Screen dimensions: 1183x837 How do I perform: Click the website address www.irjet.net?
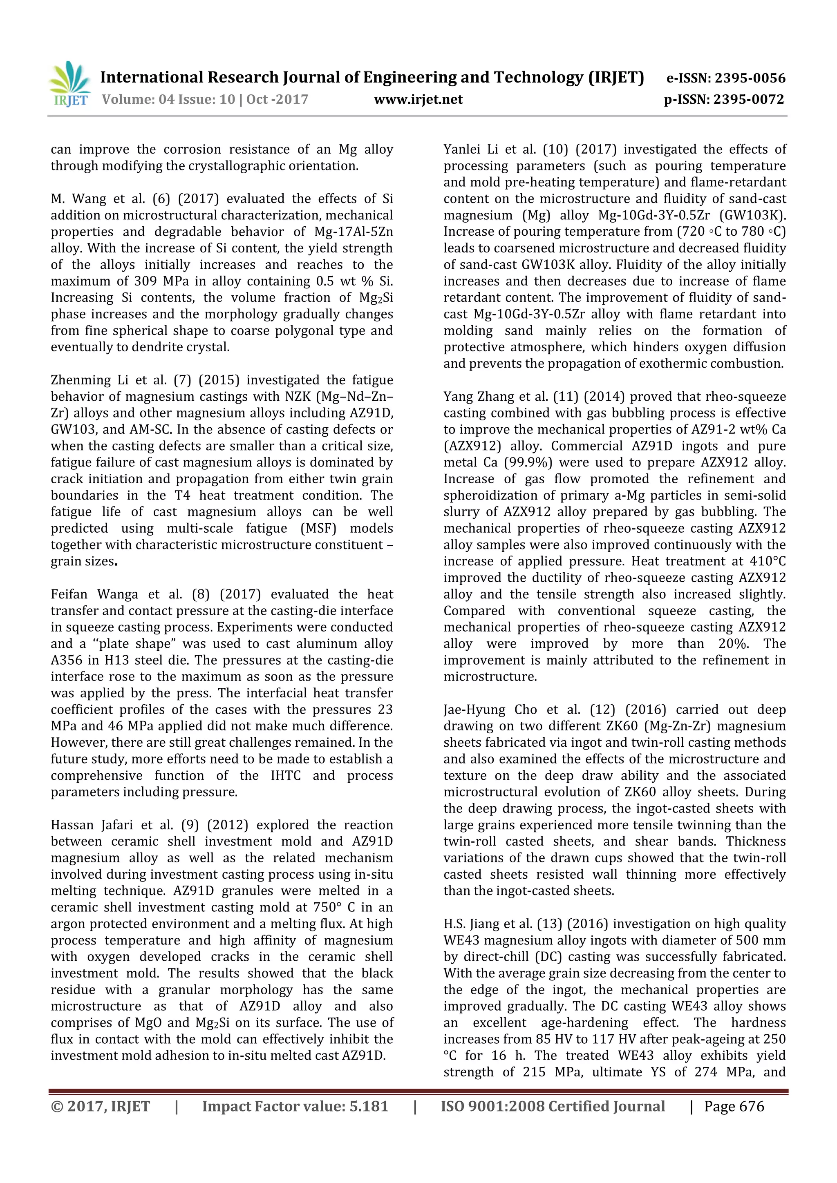click(418, 99)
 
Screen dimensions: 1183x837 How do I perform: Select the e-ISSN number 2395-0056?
click(750, 78)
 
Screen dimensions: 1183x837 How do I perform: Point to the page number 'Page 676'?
click(734, 1106)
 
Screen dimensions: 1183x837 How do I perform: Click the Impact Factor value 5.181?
click(369, 1106)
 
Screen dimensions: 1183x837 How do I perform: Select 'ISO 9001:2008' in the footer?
click(492, 1106)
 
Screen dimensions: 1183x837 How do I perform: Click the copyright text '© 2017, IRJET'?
click(101, 1106)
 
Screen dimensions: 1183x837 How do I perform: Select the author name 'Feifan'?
click(69, 595)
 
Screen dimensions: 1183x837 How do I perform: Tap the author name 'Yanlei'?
click(462, 150)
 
